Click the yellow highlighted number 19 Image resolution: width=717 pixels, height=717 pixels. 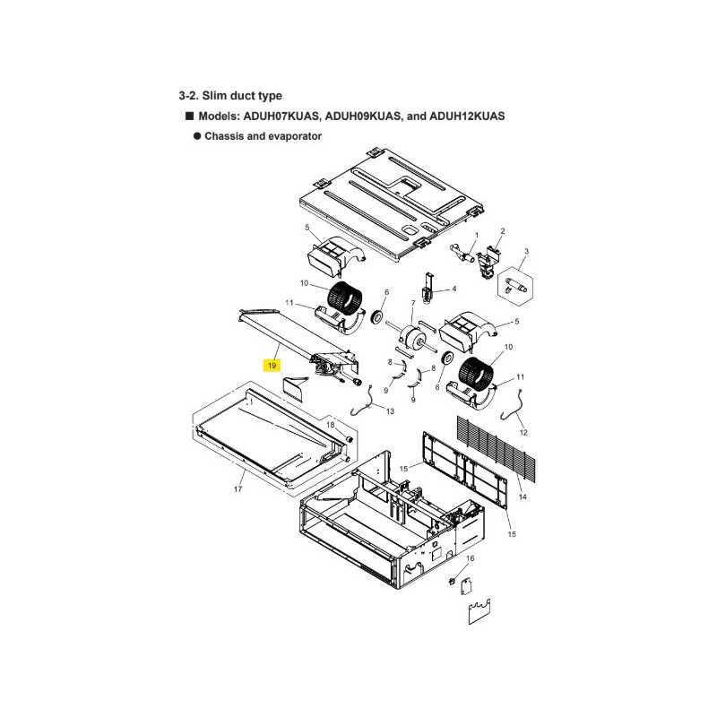point(272,366)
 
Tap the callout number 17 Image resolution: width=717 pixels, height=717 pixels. point(238,489)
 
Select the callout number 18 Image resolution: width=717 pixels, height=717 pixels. point(330,425)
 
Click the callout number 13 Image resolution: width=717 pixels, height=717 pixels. point(390,411)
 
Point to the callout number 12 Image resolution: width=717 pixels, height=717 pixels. point(523,433)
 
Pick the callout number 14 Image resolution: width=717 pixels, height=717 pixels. point(523,497)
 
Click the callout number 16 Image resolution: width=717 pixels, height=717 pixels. point(470,558)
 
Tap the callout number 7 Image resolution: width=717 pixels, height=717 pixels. point(413,303)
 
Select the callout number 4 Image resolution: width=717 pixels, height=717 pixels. point(454,289)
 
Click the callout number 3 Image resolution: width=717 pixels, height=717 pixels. point(526,252)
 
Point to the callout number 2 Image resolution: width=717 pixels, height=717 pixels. point(503,231)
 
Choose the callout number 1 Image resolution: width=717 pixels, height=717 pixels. point(477,236)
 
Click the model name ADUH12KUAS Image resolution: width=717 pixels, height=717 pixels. point(467,117)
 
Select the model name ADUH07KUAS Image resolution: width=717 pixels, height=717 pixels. point(281,117)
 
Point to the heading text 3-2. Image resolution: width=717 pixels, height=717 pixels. point(188,96)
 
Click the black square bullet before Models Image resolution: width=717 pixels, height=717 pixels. point(189,116)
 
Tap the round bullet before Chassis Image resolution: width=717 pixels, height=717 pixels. point(197,136)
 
